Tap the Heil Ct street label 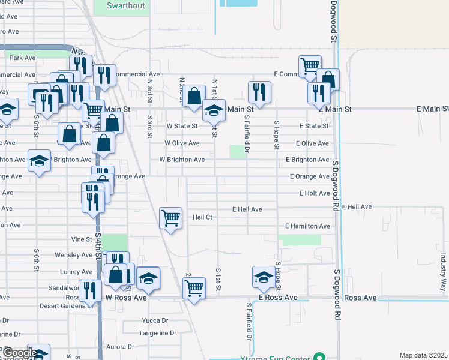[202, 217]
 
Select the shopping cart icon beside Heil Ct [171, 218]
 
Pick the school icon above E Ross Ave [263, 277]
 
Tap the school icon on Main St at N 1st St [213, 110]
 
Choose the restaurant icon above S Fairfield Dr [259, 92]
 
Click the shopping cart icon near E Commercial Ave [310, 66]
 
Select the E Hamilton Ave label [308, 226]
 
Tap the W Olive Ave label [182, 143]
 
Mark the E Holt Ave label [315, 193]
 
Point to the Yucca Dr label [155, 320]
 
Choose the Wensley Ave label [73, 255]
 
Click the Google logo [19, 353]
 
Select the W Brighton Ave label [182, 160]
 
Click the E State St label [314, 127]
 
